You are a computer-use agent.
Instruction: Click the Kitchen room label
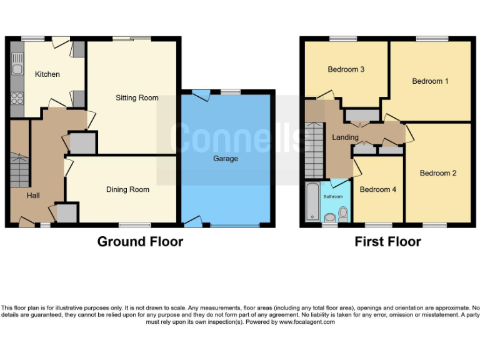(47, 74)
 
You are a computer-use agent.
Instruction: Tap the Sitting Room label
(137, 97)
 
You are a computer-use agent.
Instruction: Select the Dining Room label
(127, 189)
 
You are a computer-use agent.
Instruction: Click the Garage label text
(226, 159)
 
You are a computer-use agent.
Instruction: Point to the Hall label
(33, 196)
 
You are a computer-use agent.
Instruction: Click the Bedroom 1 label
(430, 81)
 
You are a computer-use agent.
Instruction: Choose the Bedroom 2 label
(438, 173)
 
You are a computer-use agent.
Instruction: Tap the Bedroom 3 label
(346, 69)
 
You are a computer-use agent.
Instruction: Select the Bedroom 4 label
(378, 189)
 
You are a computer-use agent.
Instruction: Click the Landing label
(346, 137)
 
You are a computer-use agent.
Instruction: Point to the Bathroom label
(332, 196)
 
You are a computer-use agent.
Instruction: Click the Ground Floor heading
(140, 242)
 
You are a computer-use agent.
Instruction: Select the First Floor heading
(387, 242)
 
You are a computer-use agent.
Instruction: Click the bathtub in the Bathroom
(311, 202)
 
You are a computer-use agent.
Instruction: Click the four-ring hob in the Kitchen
(17, 98)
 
